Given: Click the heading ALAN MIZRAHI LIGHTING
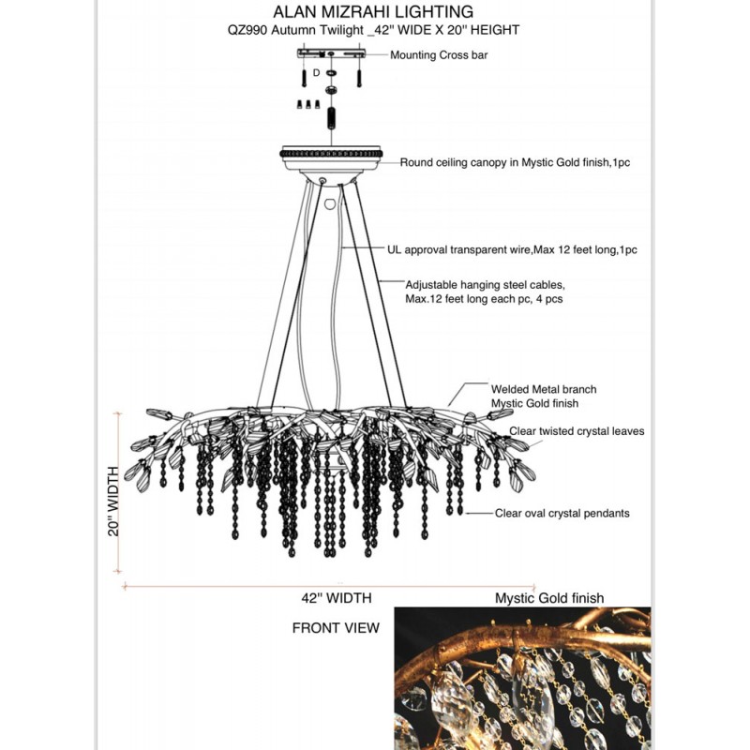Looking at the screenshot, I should click(x=372, y=12).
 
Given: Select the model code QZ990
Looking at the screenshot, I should click(x=247, y=30).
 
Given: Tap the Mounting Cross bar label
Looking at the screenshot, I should click(x=439, y=55).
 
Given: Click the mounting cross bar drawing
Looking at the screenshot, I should click(x=330, y=53).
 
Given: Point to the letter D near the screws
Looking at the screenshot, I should click(x=317, y=72).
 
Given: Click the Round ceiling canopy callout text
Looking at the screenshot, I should click(x=515, y=162).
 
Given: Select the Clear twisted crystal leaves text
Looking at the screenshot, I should click(x=577, y=431).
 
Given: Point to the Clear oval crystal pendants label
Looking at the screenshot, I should click(x=562, y=513).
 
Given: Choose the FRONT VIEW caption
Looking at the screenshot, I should click(x=336, y=627).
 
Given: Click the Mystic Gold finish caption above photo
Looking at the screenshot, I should click(x=549, y=598).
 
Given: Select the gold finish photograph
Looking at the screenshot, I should click(x=521, y=678).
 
